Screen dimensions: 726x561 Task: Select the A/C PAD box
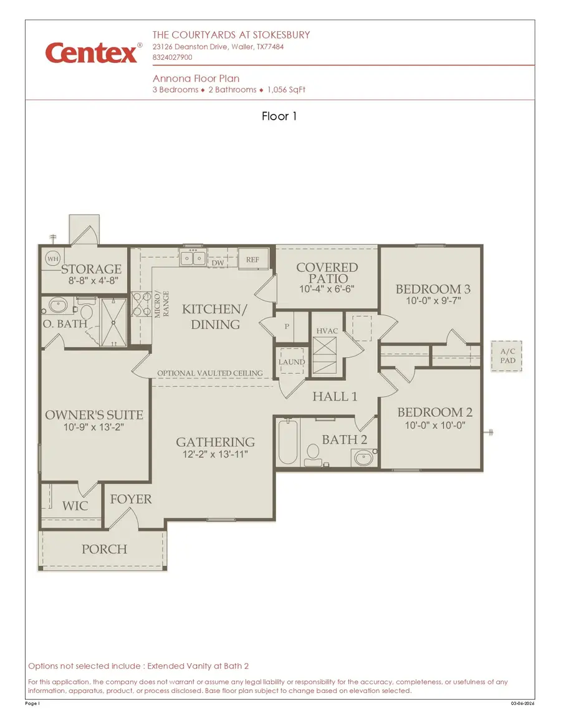click(x=507, y=356)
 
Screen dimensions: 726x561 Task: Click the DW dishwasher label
click(x=218, y=264)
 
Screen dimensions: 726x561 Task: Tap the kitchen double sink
click(x=193, y=258)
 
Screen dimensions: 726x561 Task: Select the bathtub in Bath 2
click(x=287, y=442)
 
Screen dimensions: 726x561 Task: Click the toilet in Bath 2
click(x=311, y=455)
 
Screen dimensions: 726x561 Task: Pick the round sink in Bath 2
click(x=363, y=459)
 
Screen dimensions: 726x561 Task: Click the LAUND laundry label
click(x=291, y=361)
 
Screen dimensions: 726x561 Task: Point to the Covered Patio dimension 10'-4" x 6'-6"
click(x=327, y=289)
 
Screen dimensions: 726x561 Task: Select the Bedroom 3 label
click(x=433, y=289)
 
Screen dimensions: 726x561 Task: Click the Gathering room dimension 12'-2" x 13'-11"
click(x=215, y=455)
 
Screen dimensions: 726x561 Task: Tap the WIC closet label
click(x=75, y=505)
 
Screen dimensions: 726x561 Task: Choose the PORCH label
click(x=104, y=549)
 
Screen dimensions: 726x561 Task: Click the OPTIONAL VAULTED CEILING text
click(x=209, y=373)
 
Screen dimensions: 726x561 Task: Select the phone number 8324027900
click(x=172, y=57)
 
